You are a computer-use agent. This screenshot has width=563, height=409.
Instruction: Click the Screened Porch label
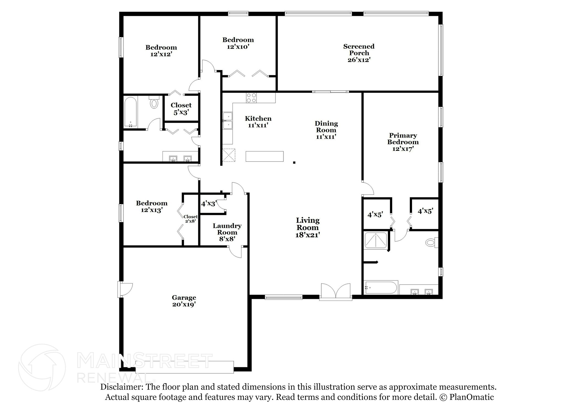[x=359, y=53]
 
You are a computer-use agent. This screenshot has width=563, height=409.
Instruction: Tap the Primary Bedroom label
[x=403, y=142]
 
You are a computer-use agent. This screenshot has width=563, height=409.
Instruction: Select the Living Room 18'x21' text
[x=308, y=227]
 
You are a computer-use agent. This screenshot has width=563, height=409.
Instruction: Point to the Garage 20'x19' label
[x=184, y=301]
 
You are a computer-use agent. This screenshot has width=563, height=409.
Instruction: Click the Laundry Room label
[x=227, y=232]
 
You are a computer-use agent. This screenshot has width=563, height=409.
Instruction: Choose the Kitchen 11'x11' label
[x=258, y=122]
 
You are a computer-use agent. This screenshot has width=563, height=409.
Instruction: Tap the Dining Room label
[x=326, y=130]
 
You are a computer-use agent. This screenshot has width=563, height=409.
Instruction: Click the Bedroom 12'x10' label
[x=238, y=43]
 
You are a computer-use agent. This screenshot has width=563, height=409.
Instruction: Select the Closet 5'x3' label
[x=181, y=108]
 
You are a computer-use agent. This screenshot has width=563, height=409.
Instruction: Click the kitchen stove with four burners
[x=252, y=98]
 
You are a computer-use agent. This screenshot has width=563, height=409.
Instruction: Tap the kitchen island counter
[x=264, y=156]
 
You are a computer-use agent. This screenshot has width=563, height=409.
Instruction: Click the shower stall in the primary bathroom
[x=376, y=240]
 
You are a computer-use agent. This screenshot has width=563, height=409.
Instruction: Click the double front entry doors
[x=336, y=292]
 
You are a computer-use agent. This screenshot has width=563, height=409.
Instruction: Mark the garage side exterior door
[x=125, y=289]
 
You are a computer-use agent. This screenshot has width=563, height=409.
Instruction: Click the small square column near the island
[x=294, y=163]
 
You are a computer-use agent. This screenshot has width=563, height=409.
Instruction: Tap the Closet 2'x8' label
[x=191, y=219]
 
